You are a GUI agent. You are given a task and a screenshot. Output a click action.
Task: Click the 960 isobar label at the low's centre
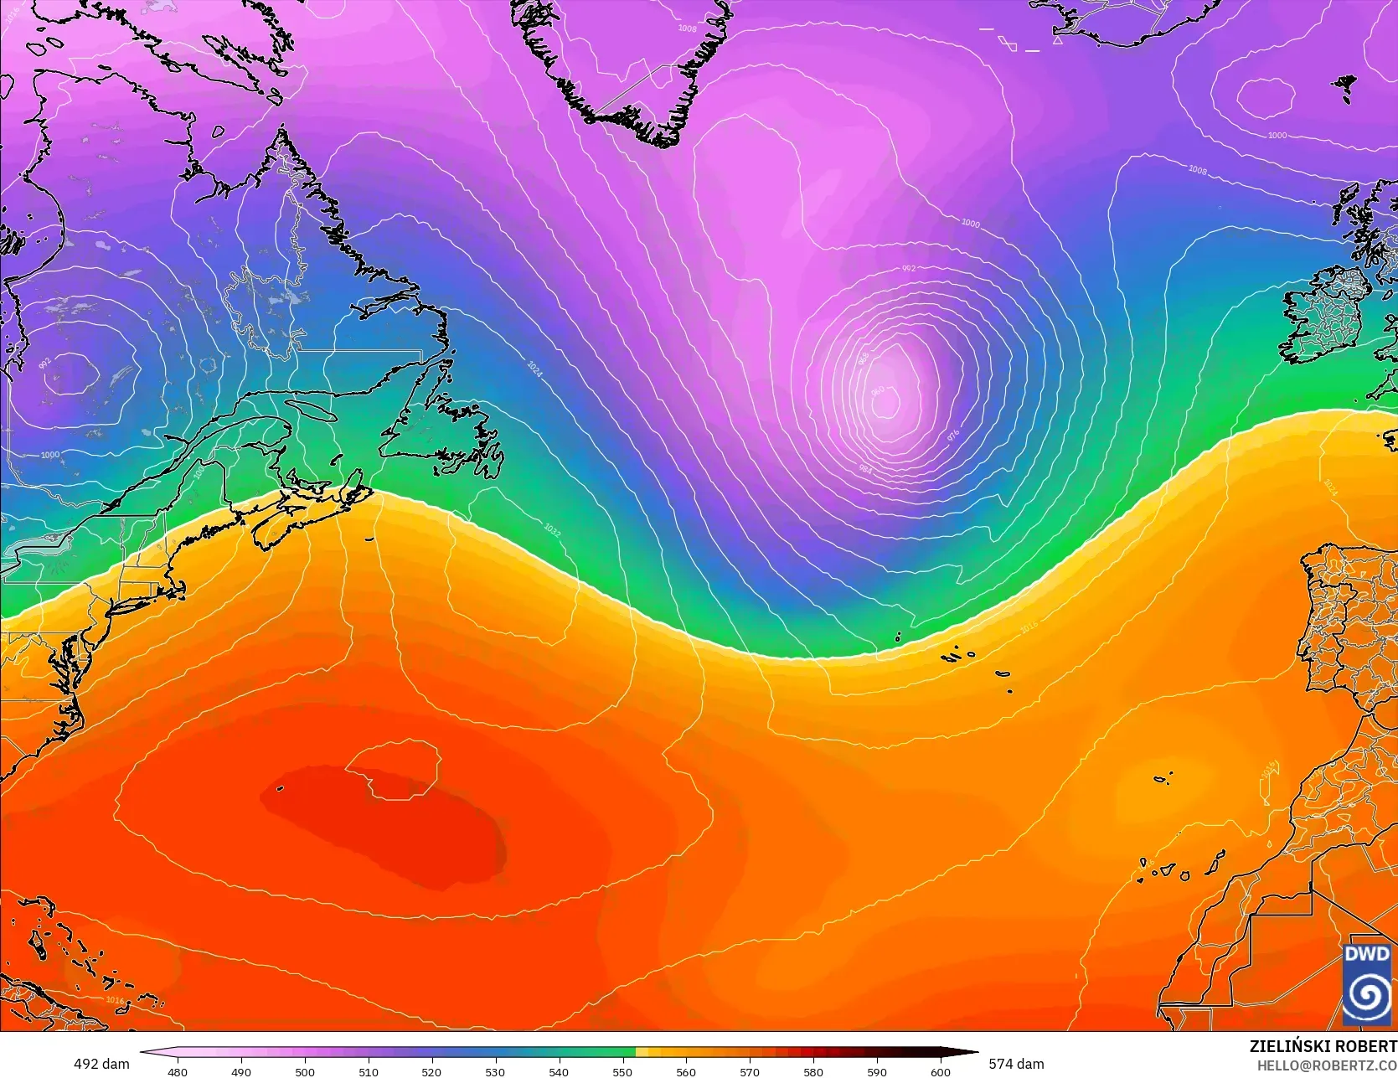[877, 392]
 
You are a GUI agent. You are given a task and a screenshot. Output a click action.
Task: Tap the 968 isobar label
[864, 358]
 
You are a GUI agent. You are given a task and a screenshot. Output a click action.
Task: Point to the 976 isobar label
[952, 436]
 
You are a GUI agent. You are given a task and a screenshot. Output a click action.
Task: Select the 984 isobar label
[865, 469]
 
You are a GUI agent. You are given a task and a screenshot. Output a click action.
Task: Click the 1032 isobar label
[552, 530]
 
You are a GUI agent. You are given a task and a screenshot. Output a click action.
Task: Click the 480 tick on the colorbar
[178, 1071]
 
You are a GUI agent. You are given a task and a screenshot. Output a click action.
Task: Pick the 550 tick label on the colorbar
[622, 1071]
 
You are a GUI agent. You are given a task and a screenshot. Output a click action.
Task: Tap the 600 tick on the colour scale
[941, 1071]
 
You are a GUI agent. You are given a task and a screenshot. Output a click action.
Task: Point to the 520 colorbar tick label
[431, 1071]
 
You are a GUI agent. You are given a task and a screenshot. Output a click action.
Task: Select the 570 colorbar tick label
[750, 1071]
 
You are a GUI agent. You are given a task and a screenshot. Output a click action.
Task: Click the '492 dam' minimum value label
[101, 1064]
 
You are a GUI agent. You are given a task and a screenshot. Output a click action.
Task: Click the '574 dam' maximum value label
[1016, 1064]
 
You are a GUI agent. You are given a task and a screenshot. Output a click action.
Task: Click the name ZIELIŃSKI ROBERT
[1323, 1046]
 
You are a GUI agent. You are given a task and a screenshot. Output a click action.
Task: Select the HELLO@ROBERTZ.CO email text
[1327, 1065]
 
